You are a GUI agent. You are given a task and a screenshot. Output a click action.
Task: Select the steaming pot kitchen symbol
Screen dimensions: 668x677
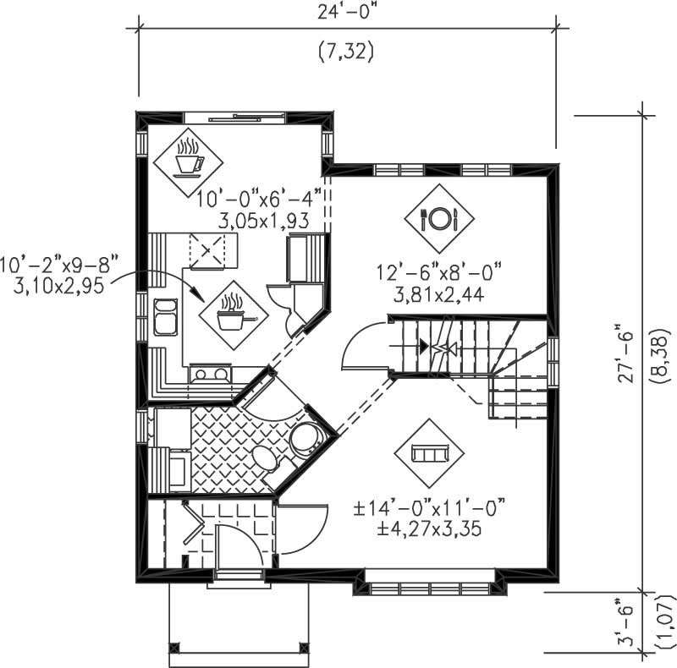click(232, 315)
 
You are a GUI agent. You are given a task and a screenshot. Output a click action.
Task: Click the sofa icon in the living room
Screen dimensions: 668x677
click(429, 453)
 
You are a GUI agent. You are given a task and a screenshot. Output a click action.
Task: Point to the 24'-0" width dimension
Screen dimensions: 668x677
click(346, 14)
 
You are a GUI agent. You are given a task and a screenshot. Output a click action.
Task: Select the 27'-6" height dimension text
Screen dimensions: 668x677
click(625, 353)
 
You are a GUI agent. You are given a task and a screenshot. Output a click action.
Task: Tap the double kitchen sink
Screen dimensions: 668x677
click(163, 317)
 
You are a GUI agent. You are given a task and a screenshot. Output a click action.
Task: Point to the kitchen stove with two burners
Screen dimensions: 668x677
click(209, 373)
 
